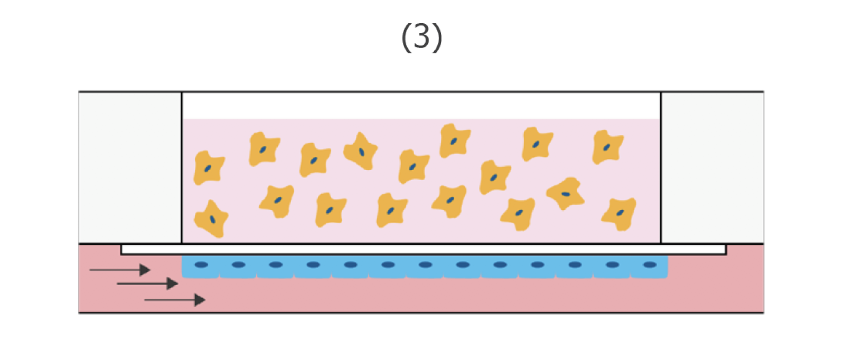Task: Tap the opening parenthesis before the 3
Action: [406, 38]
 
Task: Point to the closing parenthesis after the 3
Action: [438, 38]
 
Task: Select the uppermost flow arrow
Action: [120, 270]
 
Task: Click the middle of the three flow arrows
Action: [147, 284]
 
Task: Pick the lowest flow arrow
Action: [174, 300]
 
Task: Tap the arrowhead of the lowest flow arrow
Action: [200, 300]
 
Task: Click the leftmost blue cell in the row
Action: [201, 267]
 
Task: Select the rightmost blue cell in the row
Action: [650, 267]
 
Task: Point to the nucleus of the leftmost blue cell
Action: [201, 265]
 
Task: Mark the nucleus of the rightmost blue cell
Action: [650, 265]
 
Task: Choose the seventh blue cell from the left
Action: [425, 267]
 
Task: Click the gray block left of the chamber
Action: [130, 167]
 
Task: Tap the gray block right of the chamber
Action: [712, 167]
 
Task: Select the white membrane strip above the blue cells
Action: [422, 249]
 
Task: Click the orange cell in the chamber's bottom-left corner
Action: [211, 218]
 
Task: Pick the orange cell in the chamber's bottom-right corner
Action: [619, 213]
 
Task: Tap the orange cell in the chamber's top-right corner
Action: [607, 147]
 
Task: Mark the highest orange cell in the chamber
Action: [454, 141]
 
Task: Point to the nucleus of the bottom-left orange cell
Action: [212, 219]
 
